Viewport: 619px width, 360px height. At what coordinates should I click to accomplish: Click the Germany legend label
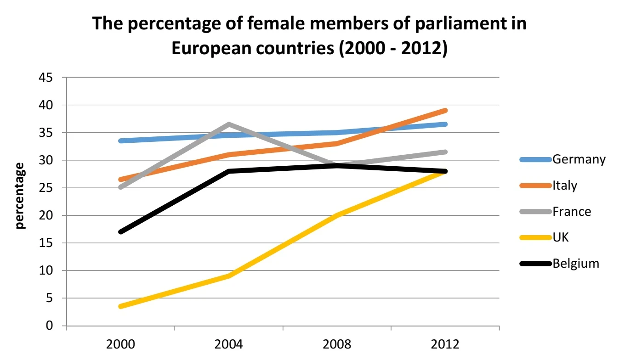tap(579, 159)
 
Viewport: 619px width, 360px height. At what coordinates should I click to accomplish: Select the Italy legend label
tap(564, 186)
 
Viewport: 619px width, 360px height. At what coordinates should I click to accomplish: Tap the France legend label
tap(572, 212)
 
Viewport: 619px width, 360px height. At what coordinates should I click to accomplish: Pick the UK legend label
tap(561, 237)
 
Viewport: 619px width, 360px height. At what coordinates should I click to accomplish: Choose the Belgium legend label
tap(576, 264)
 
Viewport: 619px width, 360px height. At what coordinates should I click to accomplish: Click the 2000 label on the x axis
tap(121, 344)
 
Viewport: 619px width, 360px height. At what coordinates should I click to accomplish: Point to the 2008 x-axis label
tap(337, 344)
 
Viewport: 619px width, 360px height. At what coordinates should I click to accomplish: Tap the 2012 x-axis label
tap(445, 344)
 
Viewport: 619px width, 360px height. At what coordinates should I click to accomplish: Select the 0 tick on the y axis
tap(50, 326)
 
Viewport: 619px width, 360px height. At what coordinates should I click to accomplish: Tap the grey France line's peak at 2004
tap(229, 124)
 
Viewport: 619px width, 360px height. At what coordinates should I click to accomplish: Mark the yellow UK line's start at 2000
tap(121, 306)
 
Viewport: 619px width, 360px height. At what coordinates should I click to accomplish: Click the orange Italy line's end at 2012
tap(445, 111)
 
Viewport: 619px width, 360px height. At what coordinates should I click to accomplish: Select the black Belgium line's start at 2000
tap(121, 232)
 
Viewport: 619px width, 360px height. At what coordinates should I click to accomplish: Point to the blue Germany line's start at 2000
tap(121, 141)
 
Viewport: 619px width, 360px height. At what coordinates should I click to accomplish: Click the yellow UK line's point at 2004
tap(229, 276)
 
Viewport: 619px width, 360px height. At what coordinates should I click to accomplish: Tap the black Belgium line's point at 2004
tap(229, 171)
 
